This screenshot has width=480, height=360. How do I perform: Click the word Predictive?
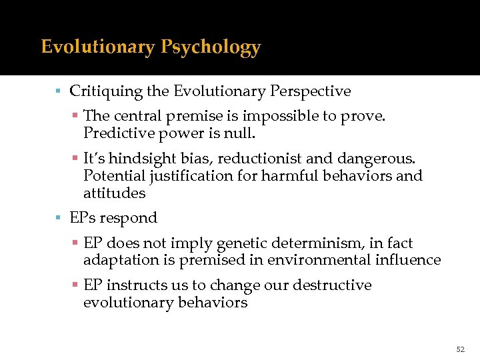pyautogui.click(x=115, y=133)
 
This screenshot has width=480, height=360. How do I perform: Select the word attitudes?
pyautogui.click(x=114, y=193)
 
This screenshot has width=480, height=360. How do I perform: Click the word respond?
pyautogui.click(x=135, y=218)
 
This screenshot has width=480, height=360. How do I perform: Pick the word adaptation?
pyautogui.click(x=119, y=260)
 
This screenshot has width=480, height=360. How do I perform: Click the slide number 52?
pyautogui.click(x=460, y=349)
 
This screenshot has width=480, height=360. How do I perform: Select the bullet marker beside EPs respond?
pyautogui.click(x=59, y=218)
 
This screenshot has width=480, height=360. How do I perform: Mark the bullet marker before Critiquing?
pyautogui.click(x=59, y=91)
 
